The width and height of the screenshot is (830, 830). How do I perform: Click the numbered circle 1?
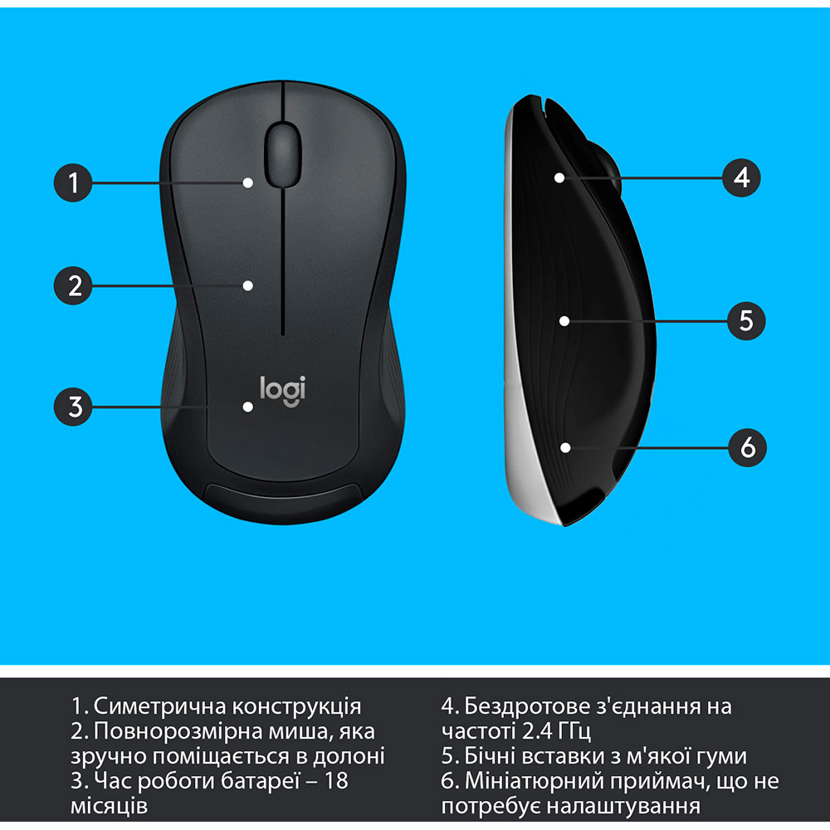coord(75,182)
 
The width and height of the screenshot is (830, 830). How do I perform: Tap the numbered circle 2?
coord(75,286)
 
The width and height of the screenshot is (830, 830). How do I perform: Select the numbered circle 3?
coord(75,407)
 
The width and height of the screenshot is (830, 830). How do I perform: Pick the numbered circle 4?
coord(742,177)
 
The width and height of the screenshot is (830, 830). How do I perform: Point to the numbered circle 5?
coord(745,320)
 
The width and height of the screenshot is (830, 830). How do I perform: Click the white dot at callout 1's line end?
coord(248,182)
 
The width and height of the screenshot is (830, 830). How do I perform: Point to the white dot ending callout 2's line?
coord(247,286)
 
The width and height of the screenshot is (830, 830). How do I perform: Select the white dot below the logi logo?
coord(247,407)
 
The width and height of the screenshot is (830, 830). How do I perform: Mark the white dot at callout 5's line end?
coord(564,320)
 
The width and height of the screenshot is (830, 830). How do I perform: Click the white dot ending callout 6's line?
coord(565,447)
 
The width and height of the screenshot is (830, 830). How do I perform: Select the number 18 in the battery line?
coord(335,780)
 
